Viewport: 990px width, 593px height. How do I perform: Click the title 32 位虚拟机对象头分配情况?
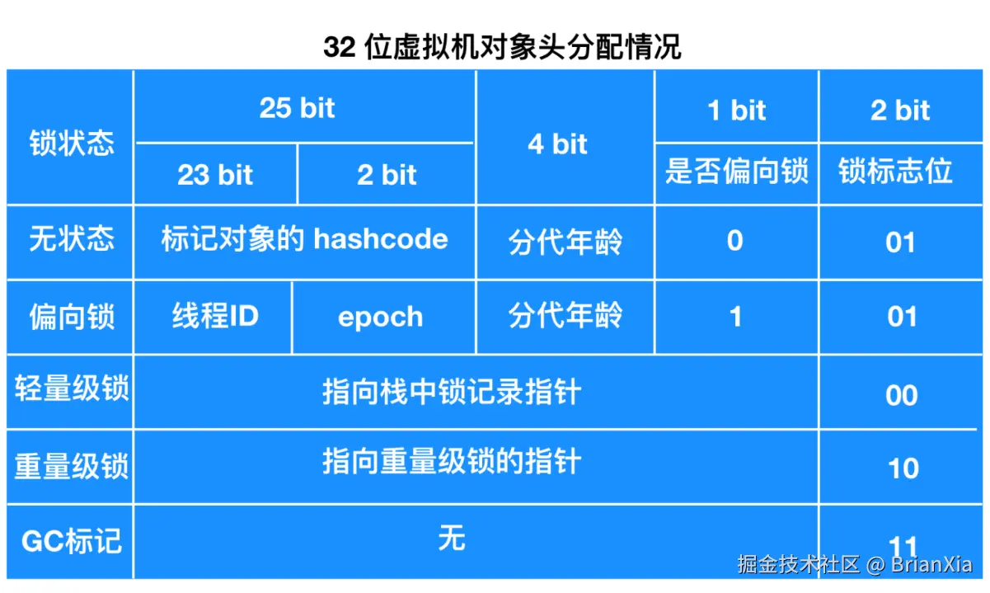click(502, 46)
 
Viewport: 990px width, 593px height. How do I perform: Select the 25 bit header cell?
click(297, 107)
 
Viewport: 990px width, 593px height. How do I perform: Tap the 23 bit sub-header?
click(215, 174)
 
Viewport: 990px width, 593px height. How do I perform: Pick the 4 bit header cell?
click(557, 144)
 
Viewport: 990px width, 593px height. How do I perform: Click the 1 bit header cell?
click(736, 110)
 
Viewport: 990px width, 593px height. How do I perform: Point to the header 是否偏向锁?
click(736, 171)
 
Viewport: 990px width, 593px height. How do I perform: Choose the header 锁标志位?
click(895, 171)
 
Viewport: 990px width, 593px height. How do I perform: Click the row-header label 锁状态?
click(72, 143)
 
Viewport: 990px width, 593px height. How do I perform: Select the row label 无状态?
click(72, 238)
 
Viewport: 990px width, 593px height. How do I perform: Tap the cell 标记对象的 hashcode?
click(304, 239)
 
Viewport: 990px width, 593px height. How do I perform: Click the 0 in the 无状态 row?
click(735, 241)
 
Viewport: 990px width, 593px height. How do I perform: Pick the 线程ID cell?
click(215, 316)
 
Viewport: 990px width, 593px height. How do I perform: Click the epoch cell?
click(381, 318)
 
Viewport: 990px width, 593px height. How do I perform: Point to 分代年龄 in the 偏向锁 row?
click(565, 315)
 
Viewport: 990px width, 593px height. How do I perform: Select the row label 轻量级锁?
click(72, 388)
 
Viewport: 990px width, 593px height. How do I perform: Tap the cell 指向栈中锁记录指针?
click(452, 392)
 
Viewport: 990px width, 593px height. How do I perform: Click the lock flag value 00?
click(902, 395)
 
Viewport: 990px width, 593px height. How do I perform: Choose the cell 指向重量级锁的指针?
click(452, 461)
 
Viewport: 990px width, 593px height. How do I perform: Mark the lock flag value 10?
click(903, 468)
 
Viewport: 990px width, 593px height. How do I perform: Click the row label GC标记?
click(71, 541)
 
